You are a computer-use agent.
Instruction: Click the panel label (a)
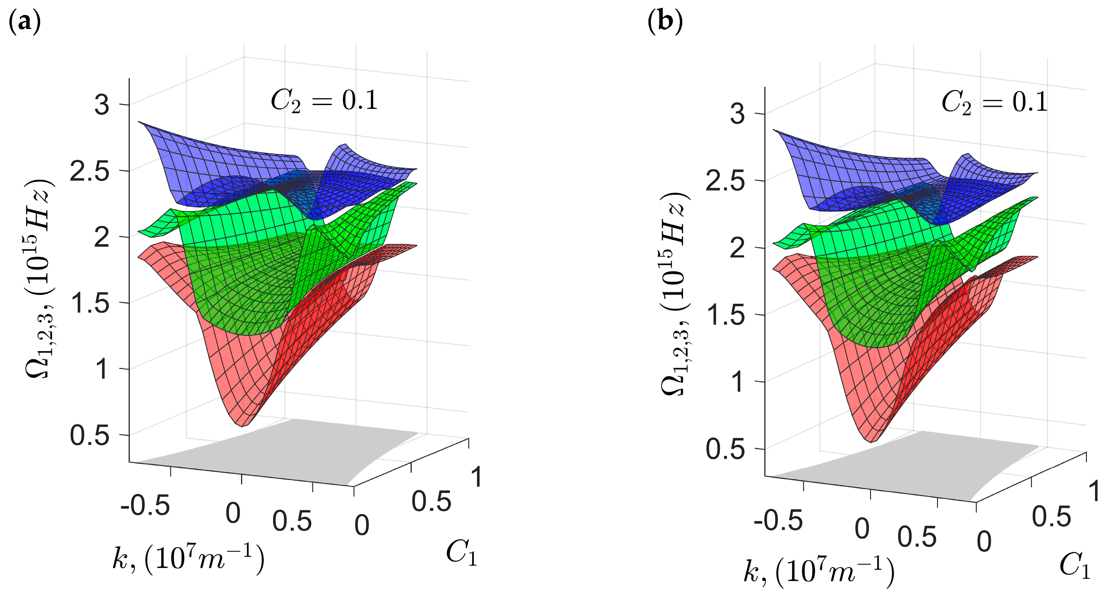coord(24,22)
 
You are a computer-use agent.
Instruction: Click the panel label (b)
coord(665,22)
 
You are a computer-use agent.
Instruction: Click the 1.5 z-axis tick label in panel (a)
coord(90,303)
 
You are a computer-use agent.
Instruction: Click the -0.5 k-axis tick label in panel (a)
coord(145,506)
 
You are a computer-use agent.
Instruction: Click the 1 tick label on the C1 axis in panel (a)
coord(476,477)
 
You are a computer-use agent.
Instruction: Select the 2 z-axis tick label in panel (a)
coord(102,237)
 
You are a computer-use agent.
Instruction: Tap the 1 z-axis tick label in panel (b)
coord(737,382)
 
